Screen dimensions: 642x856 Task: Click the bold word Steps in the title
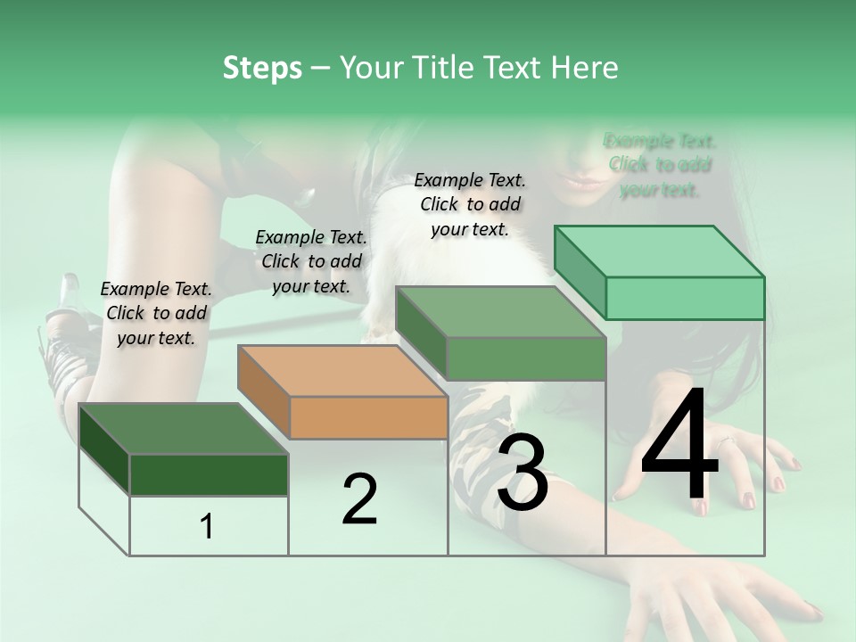[262, 68]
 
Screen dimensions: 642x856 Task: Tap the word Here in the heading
[585, 68]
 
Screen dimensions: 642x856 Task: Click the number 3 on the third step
[523, 473]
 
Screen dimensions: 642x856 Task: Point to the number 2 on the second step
[359, 499]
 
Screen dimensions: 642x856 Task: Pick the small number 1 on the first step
[207, 526]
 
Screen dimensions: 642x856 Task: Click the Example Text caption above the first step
[156, 313]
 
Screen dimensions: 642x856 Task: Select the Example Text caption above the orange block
[311, 261]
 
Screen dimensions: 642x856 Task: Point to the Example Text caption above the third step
[470, 204]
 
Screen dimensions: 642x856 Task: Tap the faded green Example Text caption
[660, 165]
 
